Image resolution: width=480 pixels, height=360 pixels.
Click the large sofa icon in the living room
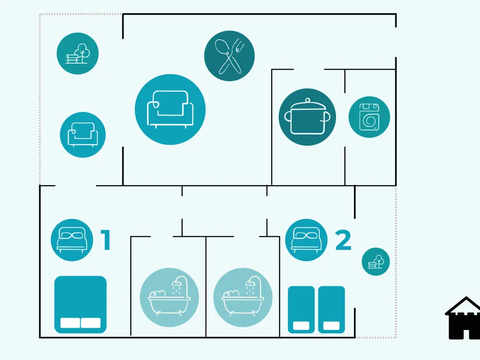point(170,109)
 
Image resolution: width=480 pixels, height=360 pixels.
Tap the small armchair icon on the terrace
point(82,135)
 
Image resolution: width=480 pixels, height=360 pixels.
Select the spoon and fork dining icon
point(229,56)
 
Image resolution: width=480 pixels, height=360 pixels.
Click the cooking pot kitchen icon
point(307,117)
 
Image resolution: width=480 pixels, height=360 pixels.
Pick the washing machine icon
point(369,117)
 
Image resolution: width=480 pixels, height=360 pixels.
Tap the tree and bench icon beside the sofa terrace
point(77,54)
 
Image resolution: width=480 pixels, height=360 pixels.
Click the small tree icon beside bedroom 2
point(376,262)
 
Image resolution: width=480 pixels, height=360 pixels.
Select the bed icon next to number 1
point(72,240)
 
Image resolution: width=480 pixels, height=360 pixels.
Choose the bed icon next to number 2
point(306,240)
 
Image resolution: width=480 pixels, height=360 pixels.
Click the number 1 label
point(106,240)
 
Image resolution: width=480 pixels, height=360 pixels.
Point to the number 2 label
point(343,240)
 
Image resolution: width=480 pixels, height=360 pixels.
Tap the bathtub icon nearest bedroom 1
point(169,298)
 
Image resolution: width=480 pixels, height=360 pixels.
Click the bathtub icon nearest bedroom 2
point(243,298)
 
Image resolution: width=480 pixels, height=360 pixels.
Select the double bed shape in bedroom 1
point(80,305)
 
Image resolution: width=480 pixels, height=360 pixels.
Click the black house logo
point(463,318)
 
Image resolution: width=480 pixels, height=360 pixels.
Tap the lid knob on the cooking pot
point(308,100)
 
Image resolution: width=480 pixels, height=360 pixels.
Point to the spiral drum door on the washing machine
point(369,120)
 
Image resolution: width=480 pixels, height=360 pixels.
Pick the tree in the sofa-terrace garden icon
point(82,52)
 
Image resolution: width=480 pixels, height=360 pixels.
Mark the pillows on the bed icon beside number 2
point(306,235)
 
